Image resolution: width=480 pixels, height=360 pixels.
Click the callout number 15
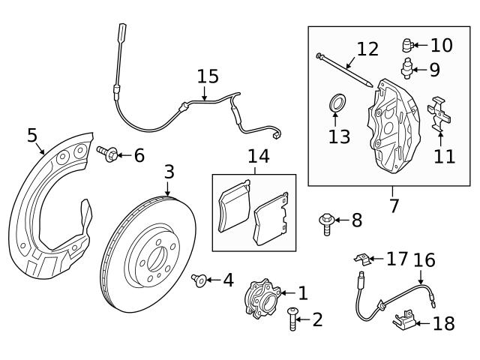208,76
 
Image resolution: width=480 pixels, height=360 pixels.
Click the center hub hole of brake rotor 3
157,259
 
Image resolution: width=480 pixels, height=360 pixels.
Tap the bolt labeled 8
328,222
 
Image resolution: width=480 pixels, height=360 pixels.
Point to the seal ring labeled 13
337,102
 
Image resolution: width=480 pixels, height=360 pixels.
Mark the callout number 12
367,49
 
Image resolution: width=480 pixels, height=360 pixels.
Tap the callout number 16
424,260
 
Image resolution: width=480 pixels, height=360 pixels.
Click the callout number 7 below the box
394,205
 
